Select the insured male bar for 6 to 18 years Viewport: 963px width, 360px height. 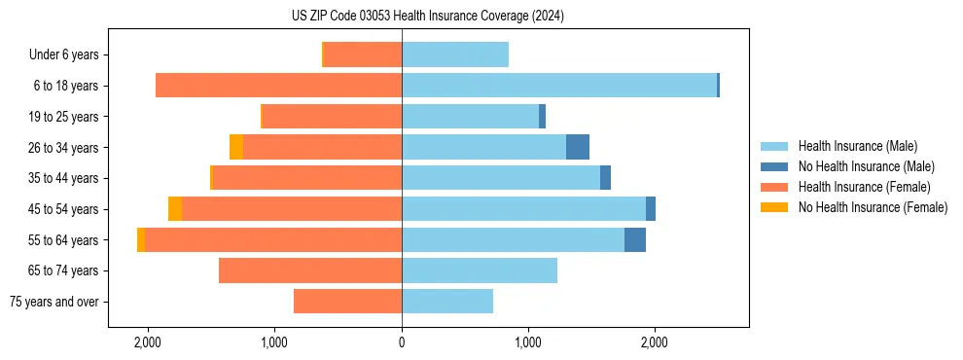(x=559, y=86)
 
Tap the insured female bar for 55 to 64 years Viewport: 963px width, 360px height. (x=273, y=240)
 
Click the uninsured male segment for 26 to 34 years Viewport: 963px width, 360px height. (x=578, y=147)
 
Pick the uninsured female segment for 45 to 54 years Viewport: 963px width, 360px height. (x=175, y=209)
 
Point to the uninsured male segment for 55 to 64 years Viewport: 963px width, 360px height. (x=635, y=240)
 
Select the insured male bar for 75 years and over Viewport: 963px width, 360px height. (x=447, y=302)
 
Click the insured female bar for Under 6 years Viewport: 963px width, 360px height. (x=363, y=55)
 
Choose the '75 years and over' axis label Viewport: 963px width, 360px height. (x=54, y=302)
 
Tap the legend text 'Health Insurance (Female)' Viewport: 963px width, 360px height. (x=865, y=187)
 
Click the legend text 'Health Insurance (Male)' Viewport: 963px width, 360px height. (x=858, y=146)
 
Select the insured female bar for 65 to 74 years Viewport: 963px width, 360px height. (x=310, y=270)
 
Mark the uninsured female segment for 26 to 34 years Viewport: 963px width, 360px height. (x=236, y=147)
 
